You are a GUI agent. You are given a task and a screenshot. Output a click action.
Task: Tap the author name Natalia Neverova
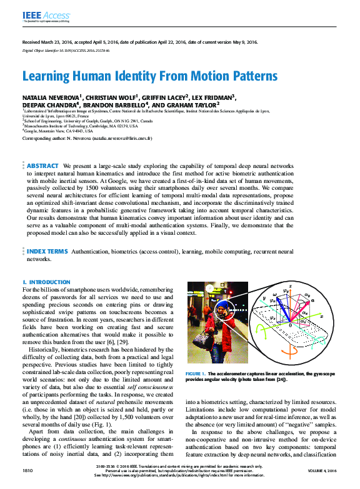51,98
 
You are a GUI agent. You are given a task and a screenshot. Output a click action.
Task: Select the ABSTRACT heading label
42,166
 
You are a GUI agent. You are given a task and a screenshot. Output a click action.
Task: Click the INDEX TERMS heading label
47,251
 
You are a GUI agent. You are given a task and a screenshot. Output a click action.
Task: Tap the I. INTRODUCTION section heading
47,282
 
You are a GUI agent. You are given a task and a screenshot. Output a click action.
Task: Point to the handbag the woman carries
202,341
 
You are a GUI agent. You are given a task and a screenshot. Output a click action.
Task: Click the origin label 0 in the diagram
290,325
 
